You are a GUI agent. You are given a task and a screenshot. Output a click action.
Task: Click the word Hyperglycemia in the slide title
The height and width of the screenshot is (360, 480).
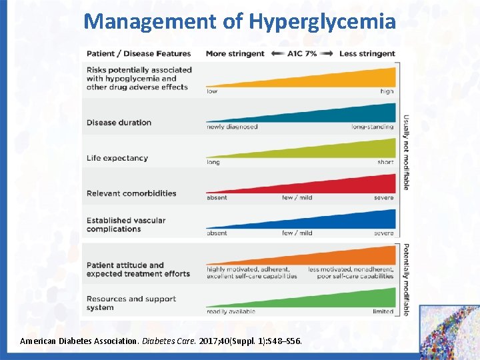coord(322,21)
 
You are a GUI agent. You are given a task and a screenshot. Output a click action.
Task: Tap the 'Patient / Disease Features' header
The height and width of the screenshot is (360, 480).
coord(139,53)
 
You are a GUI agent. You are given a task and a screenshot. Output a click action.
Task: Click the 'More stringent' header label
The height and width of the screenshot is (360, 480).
coord(235,53)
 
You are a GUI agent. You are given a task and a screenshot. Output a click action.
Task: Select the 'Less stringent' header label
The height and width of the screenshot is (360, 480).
coord(367,53)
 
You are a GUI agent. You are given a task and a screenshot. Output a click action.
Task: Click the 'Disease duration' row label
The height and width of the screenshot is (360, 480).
coord(119,123)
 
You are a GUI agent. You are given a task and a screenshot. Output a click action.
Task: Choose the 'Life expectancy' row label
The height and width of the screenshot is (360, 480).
coord(117,158)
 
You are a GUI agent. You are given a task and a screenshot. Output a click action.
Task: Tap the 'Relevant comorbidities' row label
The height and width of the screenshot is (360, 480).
coord(131,193)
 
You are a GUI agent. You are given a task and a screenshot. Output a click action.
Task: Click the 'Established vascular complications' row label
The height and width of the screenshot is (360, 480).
coord(126,225)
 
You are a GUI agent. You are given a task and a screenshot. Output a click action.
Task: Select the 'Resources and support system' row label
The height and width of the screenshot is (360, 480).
coord(131,303)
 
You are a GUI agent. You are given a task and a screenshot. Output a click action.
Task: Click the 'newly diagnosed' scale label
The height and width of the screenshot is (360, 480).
coord(232,127)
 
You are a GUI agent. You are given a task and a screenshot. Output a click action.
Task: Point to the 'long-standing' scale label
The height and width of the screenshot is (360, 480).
coord(372,127)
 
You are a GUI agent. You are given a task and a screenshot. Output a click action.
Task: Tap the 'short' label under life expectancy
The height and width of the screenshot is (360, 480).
coord(385,162)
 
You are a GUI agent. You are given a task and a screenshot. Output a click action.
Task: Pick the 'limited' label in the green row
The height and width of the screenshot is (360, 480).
coord(383,311)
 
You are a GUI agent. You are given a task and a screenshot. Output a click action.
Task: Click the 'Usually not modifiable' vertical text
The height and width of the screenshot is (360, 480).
coord(405,153)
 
